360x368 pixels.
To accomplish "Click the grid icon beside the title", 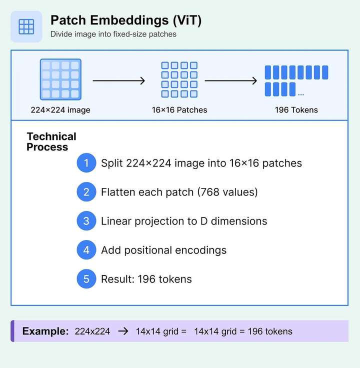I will coord(26,26).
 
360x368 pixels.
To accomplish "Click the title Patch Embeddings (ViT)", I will coord(126,20).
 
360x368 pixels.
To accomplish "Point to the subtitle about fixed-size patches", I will coord(113,34).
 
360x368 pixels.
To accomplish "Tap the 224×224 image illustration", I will coord(60,79).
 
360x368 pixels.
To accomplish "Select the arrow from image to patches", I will coord(119,80).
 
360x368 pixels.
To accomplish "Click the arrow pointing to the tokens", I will coord(231,80).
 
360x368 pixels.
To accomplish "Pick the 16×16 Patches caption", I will coord(179,110).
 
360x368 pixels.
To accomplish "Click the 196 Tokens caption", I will coord(296,110).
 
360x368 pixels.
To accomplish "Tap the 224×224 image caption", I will coord(60,110).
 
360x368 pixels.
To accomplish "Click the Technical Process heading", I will coord(51,141).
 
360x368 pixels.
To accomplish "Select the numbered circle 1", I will coord(86,163).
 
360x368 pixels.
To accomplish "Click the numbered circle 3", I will coord(86,221).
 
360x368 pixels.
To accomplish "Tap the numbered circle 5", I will coord(86,279).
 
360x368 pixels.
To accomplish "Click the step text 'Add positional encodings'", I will coord(163,250).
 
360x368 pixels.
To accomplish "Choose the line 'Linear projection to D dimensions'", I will coord(184,221).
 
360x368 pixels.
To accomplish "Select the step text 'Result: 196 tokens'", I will coord(146,279).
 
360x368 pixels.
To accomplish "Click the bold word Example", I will coord(45,331).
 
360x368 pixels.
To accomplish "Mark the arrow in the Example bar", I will coord(122,331).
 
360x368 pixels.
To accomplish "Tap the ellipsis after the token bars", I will coord(300,93).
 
